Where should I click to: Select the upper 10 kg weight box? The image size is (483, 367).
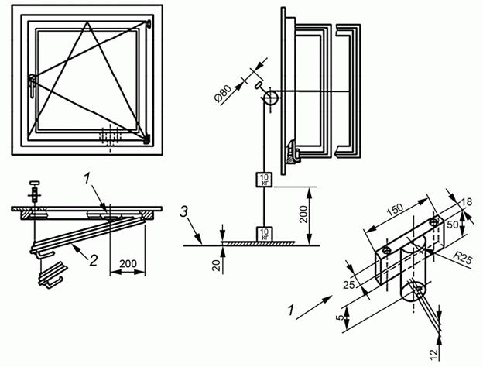[265, 180]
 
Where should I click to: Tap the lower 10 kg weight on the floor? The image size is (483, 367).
[265, 234]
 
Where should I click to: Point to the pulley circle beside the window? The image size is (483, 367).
[270, 98]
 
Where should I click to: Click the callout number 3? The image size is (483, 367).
[184, 212]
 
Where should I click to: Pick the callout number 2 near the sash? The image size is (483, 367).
[94, 261]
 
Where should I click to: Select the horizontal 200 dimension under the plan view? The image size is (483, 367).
[128, 264]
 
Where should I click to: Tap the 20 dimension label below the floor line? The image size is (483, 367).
[218, 265]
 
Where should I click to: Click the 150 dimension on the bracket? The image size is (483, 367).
[395, 208]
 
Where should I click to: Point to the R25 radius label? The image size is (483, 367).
[462, 259]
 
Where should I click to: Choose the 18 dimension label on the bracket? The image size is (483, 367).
[467, 202]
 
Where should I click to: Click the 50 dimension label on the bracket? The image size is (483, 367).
[453, 225]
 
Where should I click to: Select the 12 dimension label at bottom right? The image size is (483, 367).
[433, 354]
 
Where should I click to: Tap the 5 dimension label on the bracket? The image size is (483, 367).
[339, 317]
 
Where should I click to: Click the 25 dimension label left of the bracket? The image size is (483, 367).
[349, 285]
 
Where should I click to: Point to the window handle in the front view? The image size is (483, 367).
[32, 86]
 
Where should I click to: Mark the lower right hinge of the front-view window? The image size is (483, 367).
[147, 139]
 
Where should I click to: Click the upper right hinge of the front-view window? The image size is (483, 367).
[149, 24]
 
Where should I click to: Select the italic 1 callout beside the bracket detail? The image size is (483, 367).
[290, 310]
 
